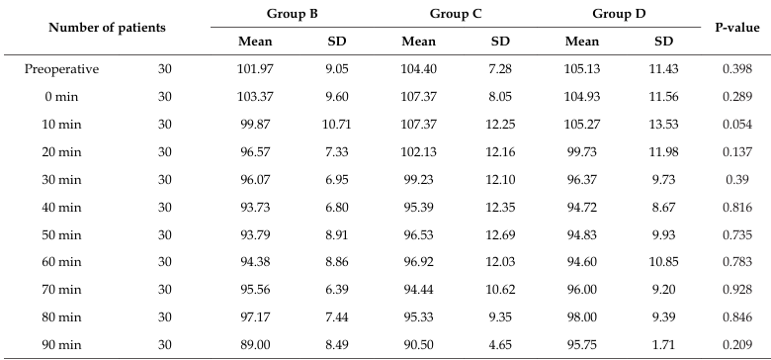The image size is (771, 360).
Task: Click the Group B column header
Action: pyautogui.click(x=292, y=14)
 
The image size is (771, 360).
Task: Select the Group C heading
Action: pyautogui.click(x=456, y=14)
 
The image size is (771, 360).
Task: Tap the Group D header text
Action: pyautogui.click(x=619, y=14)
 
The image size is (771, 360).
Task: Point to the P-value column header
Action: pyautogui.click(x=737, y=28)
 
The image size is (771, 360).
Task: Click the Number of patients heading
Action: pyautogui.click(x=107, y=28)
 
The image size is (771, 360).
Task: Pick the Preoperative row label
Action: pyautogui.click(x=61, y=69)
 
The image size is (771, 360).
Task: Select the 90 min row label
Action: pyautogui.click(x=61, y=345)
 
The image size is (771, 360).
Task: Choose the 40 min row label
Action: pyautogui.click(x=61, y=208)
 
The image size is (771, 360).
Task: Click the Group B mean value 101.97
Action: pyautogui.click(x=255, y=69)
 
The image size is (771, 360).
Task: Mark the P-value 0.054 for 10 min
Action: pyautogui.click(x=737, y=125)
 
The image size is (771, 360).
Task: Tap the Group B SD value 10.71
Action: pyautogui.click(x=337, y=125)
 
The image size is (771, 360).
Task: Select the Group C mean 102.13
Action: pyautogui.click(x=418, y=152)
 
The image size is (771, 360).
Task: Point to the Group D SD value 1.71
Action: pyautogui.click(x=664, y=345)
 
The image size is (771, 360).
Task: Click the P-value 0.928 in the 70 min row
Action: pyautogui.click(x=737, y=290)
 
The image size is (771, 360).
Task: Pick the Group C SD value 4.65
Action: pyautogui.click(x=500, y=345)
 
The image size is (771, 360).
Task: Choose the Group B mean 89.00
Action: pyautogui.click(x=255, y=345)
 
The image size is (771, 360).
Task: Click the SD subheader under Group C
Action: pyautogui.click(x=500, y=42)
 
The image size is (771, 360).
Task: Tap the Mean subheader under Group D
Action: pyautogui.click(x=582, y=42)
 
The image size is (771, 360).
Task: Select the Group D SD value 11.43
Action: pyautogui.click(x=664, y=69)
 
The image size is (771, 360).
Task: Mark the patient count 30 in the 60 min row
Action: pyautogui.click(x=165, y=263)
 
